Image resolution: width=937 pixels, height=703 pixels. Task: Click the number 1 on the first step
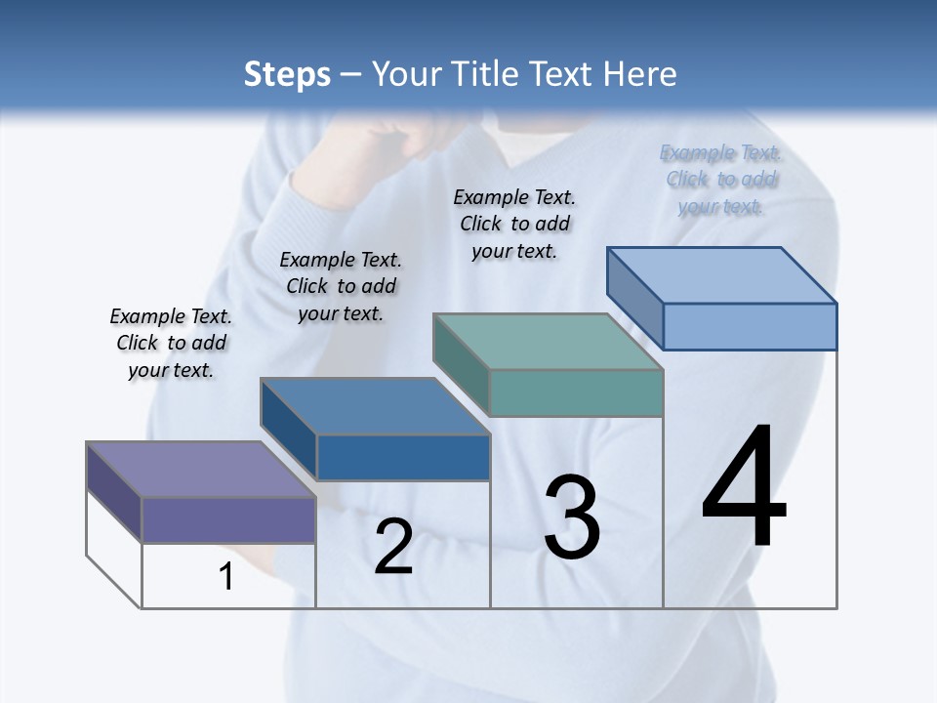click(x=226, y=577)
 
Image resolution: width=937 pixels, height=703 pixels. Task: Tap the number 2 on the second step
click(x=393, y=547)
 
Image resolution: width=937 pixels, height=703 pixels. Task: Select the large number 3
click(x=572, y=517)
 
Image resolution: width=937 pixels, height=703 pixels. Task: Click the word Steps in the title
click(x=287, y=74)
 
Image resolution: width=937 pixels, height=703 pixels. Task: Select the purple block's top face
click(x=201, y=470)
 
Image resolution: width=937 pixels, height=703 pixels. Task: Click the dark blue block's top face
click(x=375, y=406)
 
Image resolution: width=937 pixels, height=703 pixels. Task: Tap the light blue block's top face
click(x=722, y=275)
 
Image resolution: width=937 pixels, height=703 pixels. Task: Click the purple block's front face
click(x=228, y=519)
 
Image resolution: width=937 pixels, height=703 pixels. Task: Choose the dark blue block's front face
click(x=403, y=457)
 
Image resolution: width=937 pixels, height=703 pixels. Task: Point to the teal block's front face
click(x=576, y=393)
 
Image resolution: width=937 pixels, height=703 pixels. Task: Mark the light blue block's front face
click(x=750, y=326)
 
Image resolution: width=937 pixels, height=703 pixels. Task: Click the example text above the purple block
click(x=171, y=343)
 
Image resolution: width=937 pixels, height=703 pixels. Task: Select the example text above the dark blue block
click(x=341, y=286)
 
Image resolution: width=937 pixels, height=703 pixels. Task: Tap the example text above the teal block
click(x=514, y=224)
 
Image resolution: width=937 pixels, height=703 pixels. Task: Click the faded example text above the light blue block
click(x=720, y=179)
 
